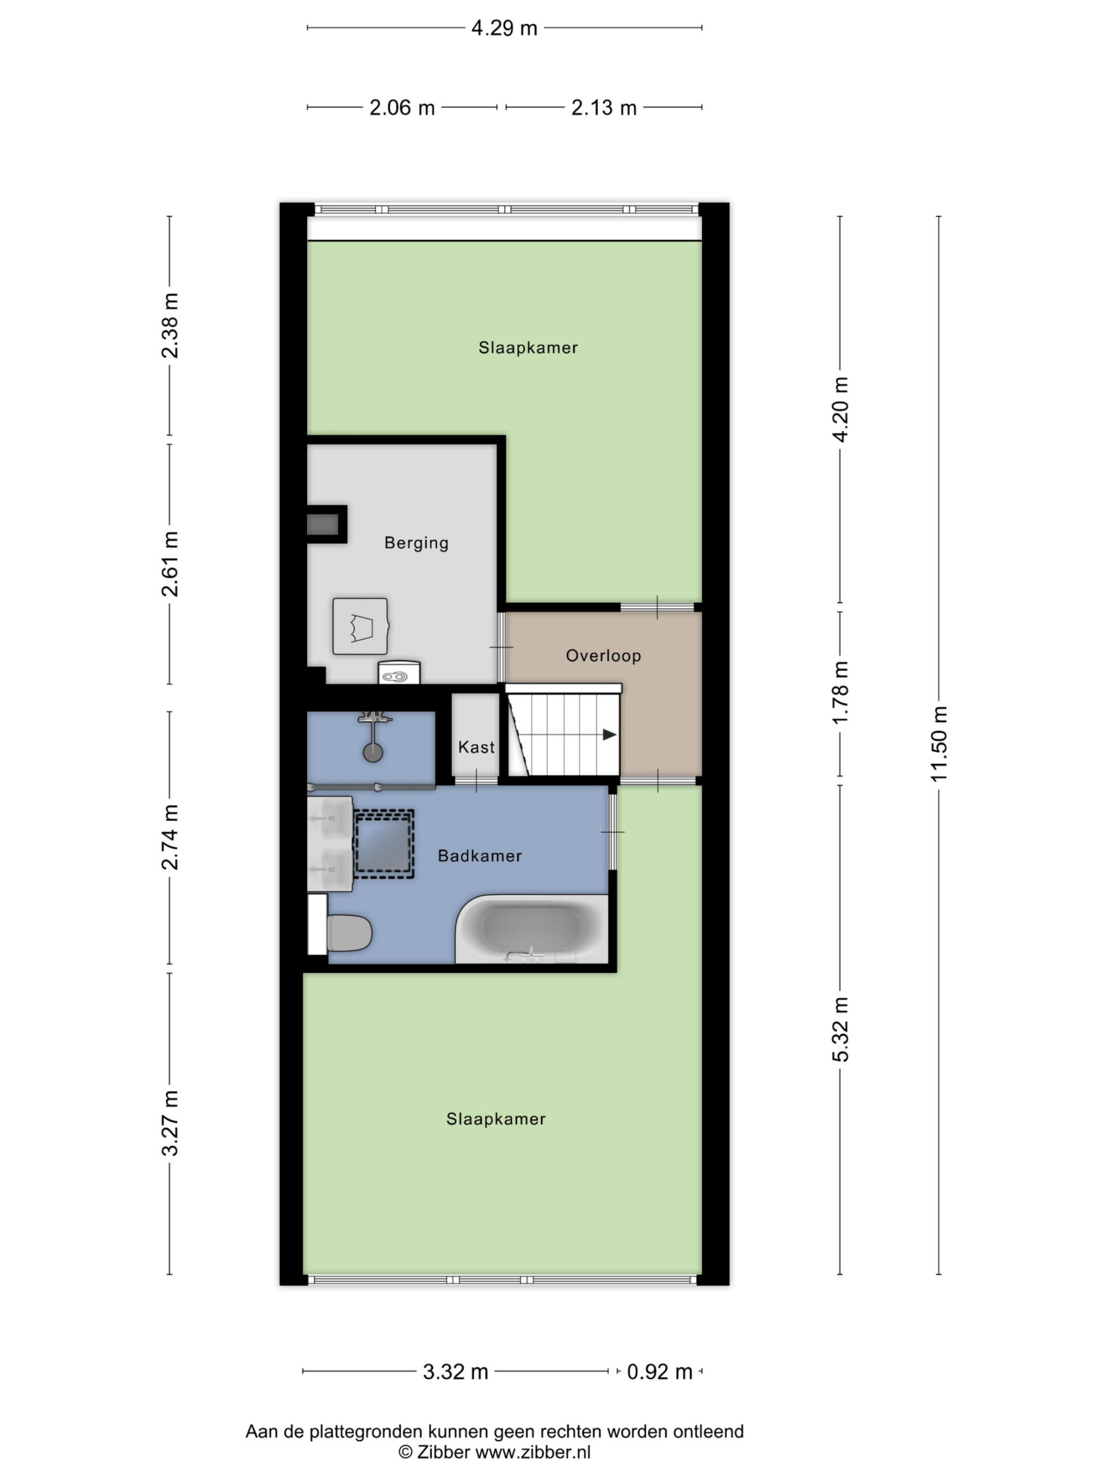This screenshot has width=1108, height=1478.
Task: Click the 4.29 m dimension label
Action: pyautogui.click(x=504, y=28)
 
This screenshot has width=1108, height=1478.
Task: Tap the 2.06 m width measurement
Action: pyautogui.click(x=402, y=107)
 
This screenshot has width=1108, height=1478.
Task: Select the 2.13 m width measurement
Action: pyautogui.click(x=604, y=107)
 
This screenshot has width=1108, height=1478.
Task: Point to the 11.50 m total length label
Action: pyautogui.click(x=938, y=743)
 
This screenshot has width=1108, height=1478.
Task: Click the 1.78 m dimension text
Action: pyautogui.click(x=840, y=692)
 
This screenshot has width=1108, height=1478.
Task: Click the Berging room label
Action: pyautogui.click(x=416, y=543)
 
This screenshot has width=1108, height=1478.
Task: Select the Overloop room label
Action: pyautogui.click(x=603, y=655)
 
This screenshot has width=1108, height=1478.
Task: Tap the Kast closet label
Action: pyautogui.click(x=476, y=747)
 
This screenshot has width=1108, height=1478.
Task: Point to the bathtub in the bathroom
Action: pyautogui.click(x=531, y=928)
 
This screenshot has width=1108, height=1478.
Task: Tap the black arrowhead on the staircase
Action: pyautogui.click(x=609, y=735)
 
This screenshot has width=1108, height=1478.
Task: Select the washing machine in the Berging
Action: pyautogui.click(x=360, y=626)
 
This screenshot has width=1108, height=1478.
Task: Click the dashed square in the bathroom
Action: pyautogui.click(x=383, y=843)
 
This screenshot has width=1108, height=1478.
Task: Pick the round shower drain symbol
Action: pyautogui.click(x=373, y=752)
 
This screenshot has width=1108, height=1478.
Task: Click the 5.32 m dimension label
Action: pyautogui.click(x=840, y=1029)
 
